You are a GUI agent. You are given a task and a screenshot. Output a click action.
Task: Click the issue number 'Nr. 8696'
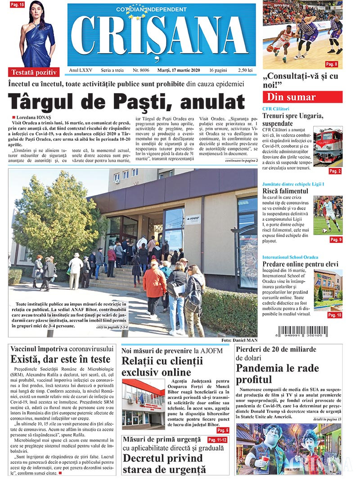(141, 71)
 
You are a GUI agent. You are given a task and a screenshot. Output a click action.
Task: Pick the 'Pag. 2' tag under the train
(335, 171)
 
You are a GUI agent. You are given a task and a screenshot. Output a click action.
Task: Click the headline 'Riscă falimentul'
(286, 191)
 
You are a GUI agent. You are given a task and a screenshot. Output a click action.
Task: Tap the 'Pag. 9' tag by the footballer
(336, 240)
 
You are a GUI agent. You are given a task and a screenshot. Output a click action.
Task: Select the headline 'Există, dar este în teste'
(60, 359)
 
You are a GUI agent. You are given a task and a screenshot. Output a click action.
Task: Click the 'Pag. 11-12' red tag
(218, 439)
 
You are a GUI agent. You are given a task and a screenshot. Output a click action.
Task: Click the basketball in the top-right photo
(270, 47)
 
